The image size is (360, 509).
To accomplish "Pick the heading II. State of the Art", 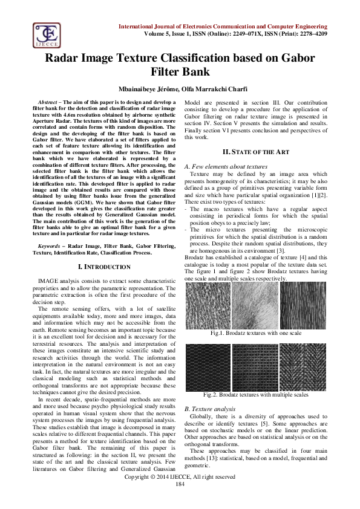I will [255, 151].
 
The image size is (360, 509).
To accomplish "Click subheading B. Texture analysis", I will [209, 409].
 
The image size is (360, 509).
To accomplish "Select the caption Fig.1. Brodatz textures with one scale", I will [255, 333].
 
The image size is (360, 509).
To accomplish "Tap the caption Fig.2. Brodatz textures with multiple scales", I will [255, 395].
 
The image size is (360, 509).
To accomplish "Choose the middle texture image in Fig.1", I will [255, 306].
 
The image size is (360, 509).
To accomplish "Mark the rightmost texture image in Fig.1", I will [303, 306].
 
